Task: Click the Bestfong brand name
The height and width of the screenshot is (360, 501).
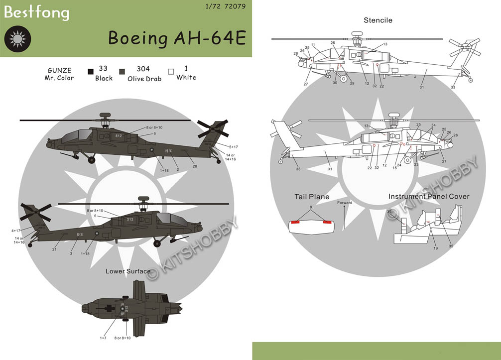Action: click(36, 12)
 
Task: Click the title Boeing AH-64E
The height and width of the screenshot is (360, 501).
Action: click(177, 38)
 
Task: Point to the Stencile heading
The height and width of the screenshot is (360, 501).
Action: click(378, 20)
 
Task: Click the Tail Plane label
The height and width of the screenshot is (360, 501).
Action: click(312, 197)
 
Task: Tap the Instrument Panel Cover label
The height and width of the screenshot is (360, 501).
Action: click(429, 197)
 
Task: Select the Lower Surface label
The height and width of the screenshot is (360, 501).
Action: click(127, 271)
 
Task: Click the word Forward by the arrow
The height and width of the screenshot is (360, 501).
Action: click(344, 203)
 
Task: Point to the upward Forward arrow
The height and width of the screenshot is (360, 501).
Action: click(344, 217)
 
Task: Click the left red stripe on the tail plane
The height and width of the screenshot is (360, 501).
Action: click(296, 222)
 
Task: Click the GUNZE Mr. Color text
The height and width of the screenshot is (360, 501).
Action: click(60, 74)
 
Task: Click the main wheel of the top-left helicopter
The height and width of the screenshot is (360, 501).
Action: click(92, 159)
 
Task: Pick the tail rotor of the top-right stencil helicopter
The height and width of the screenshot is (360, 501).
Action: click(463, 49)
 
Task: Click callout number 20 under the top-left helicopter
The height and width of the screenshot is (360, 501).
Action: click(195, 166)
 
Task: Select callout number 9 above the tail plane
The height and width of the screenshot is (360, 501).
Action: click(311, 207)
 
